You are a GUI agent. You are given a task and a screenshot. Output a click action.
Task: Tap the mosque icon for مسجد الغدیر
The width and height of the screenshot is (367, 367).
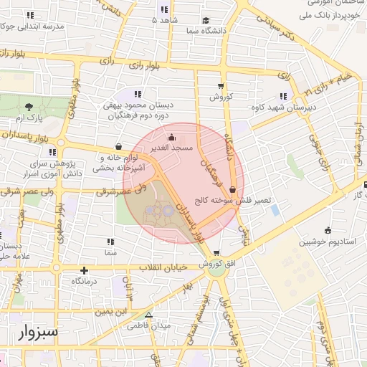coord(171,136)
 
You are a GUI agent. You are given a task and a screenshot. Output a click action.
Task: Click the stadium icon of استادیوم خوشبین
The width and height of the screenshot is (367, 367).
coord(328,230)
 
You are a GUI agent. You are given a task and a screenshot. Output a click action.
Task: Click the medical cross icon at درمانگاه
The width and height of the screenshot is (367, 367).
coord(85,271)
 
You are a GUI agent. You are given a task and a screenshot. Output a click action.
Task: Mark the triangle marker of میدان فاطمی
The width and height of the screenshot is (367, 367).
coord(148,315)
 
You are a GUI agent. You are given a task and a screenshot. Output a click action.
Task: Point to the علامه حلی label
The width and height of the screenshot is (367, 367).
coord(13,255)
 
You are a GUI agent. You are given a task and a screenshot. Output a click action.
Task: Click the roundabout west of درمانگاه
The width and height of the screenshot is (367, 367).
coord(56,269)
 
